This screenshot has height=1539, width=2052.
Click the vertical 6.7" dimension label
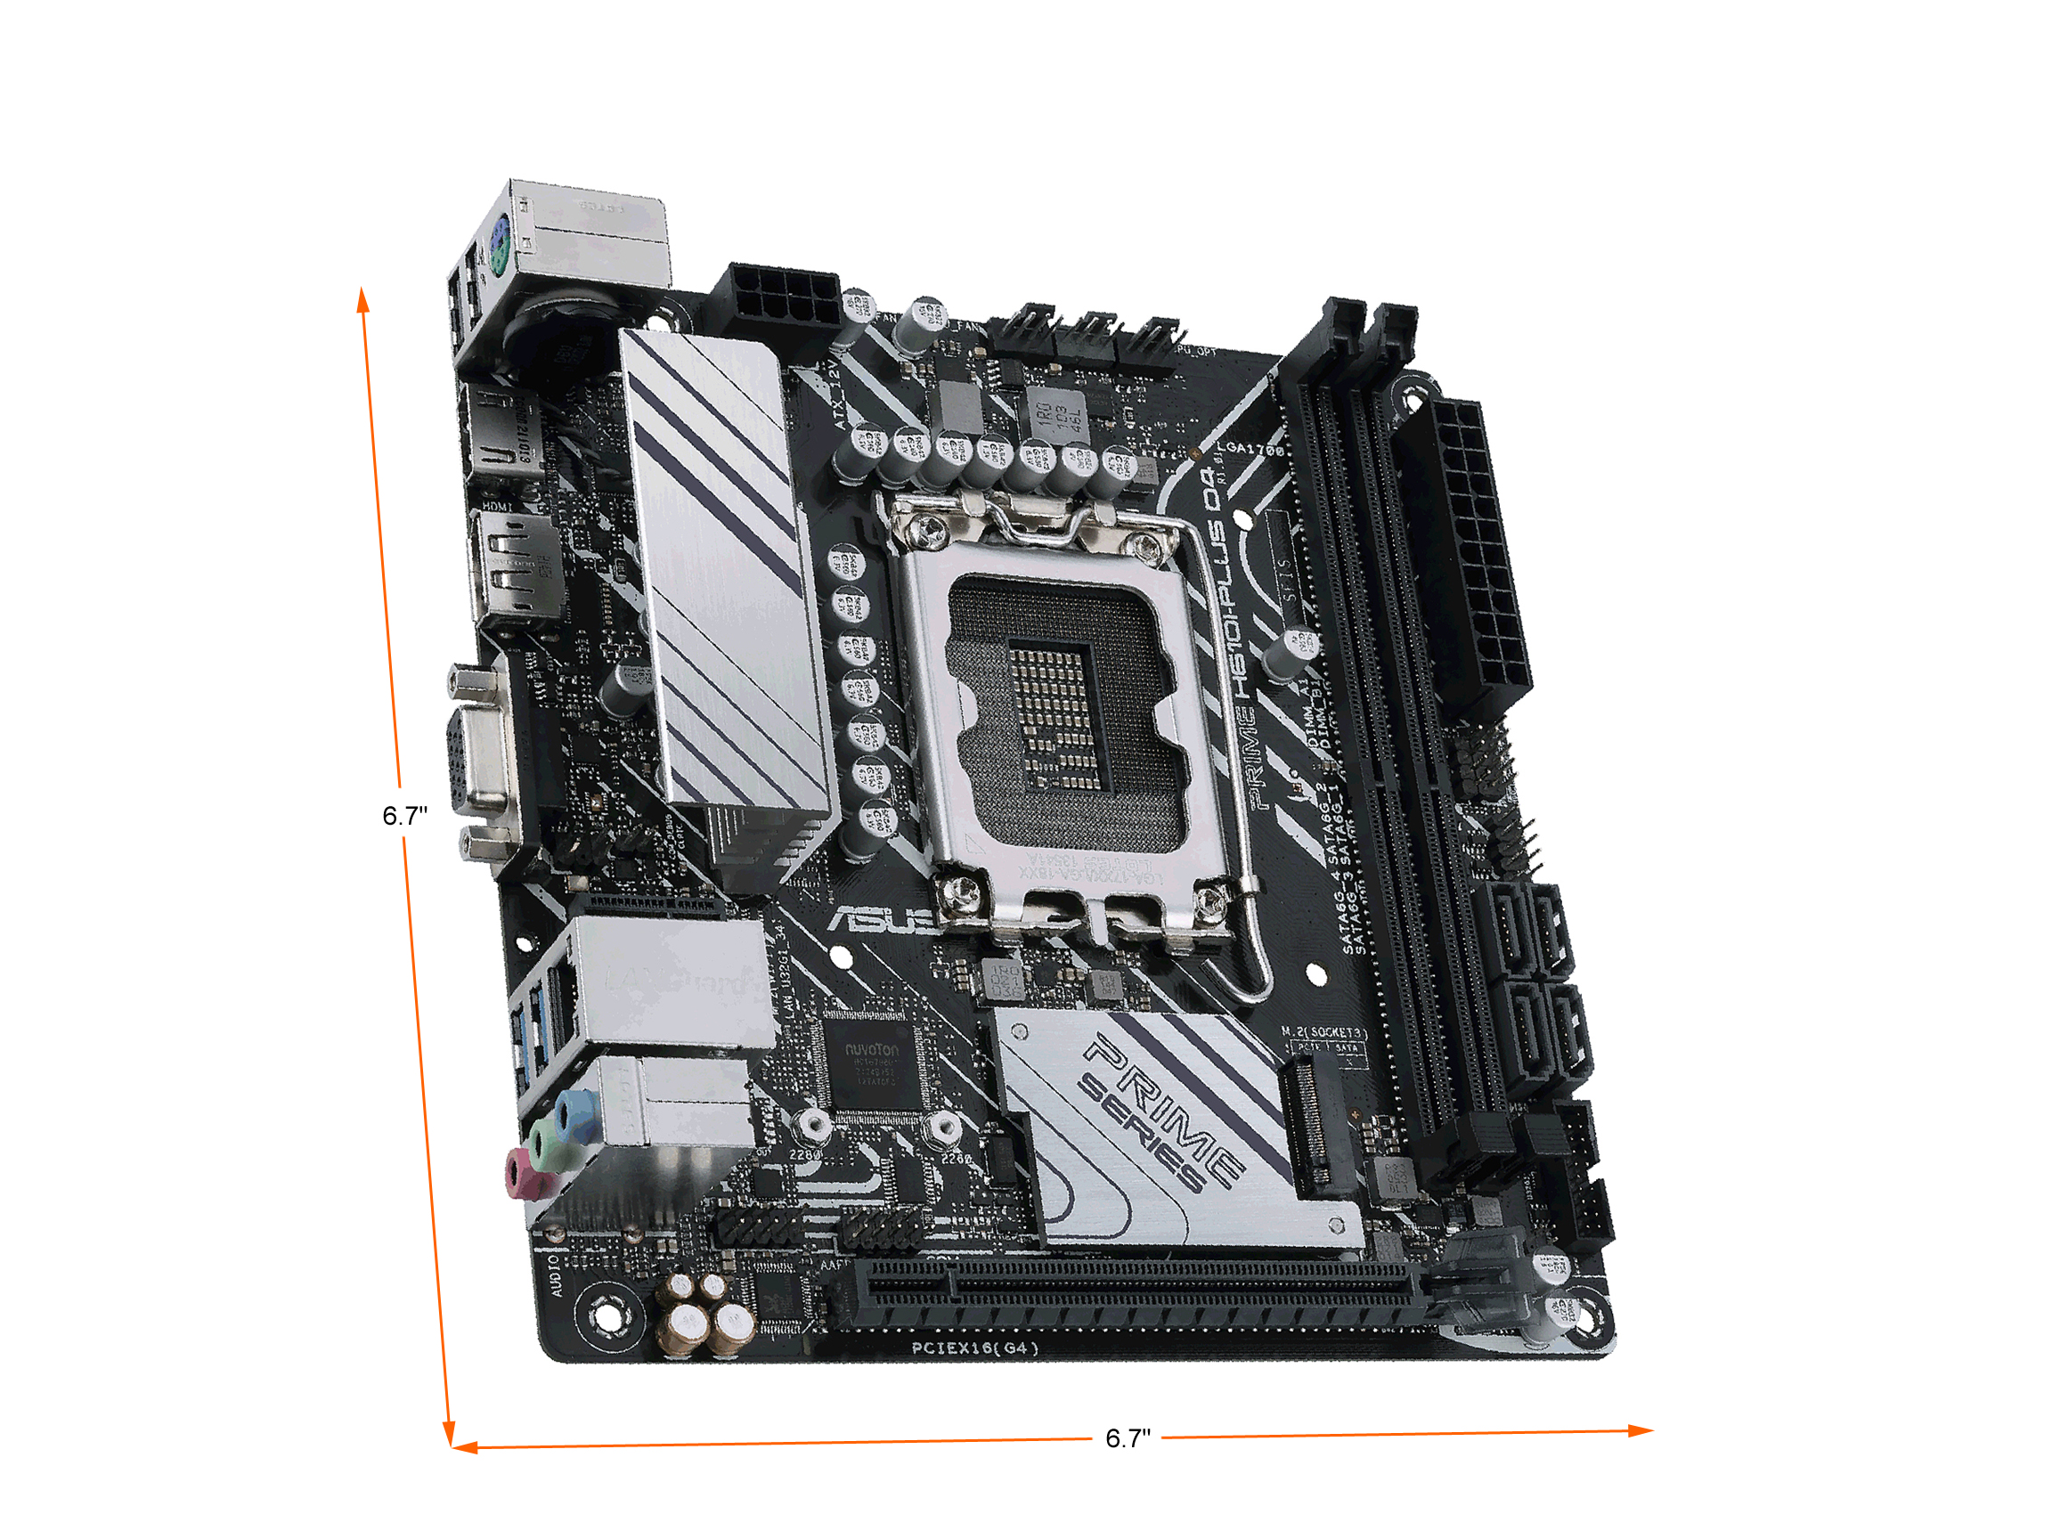coord(404,816)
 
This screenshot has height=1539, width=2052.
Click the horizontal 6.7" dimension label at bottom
coord(1128,1437)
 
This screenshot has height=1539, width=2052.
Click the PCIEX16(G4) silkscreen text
coord(974,1348)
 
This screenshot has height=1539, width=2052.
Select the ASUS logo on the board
coord(882,919)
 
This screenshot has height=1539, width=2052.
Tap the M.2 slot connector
coord(1310,1128)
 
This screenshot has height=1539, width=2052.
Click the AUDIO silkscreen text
coord(556,1275)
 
